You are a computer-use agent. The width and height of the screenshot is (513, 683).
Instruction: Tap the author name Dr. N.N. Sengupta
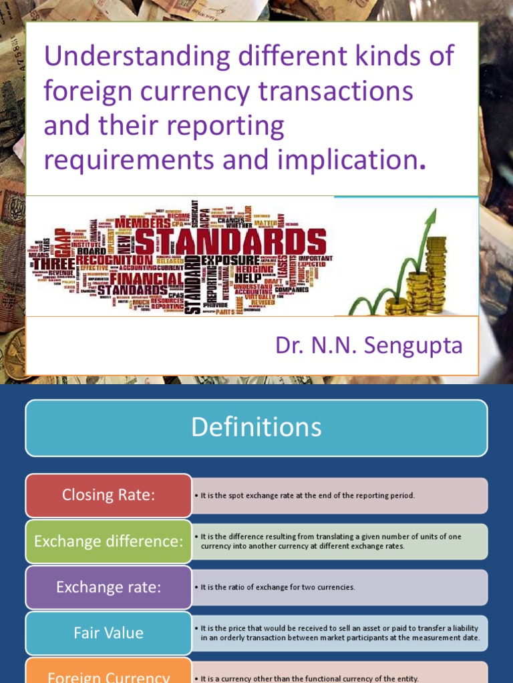point(369,346)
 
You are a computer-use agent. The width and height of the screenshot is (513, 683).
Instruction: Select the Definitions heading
point(256,428)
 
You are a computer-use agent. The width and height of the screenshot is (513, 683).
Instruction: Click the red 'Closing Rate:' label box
point(108,495)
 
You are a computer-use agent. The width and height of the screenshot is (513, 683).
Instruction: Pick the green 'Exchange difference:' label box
point(108,541)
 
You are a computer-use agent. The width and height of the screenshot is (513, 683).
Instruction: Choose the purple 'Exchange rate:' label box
point(108,587)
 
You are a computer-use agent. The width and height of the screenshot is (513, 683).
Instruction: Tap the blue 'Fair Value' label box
point(108,633)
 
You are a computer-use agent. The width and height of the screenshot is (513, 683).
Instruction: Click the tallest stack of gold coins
point(436,273)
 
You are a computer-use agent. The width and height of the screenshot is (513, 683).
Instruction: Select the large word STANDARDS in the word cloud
point(231,242)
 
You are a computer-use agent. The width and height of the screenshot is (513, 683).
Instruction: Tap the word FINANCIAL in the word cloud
point(146,277)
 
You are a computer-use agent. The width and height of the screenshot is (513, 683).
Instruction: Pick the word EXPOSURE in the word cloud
point(230,259)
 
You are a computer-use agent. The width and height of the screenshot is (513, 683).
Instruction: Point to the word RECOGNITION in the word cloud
point(114,259)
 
